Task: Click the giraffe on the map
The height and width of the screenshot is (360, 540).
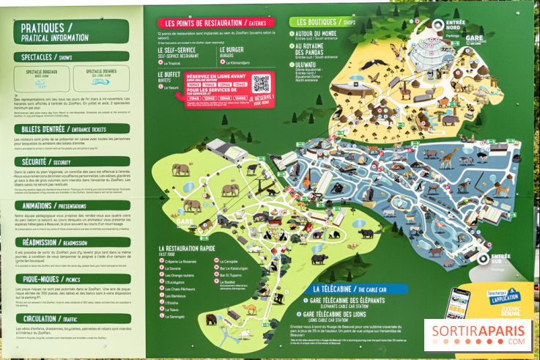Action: (449, 156)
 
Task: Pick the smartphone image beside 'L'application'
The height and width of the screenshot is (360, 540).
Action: (458, 303)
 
